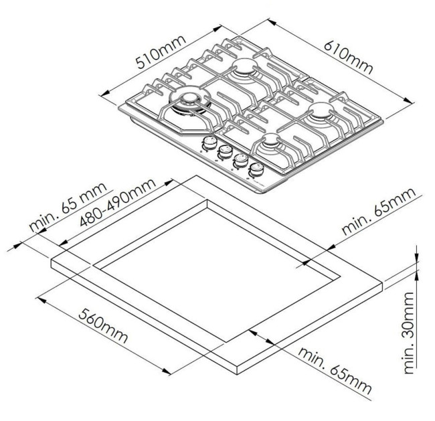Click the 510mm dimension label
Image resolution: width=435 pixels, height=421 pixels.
pyautogui.click(x=161, y=52)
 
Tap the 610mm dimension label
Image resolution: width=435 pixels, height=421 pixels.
pyautogui.click(x=349, y=58)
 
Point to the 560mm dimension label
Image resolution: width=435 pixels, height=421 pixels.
pyautogui.click(x=103, y=326)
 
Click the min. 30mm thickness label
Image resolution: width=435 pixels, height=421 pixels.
pyautogui.click(x=409, y=333)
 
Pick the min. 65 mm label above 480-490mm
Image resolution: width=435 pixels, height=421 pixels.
pyautogui.click(x=68, y=207)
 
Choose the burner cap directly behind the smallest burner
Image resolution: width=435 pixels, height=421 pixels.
pyautogui.click(x=321, y=109)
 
